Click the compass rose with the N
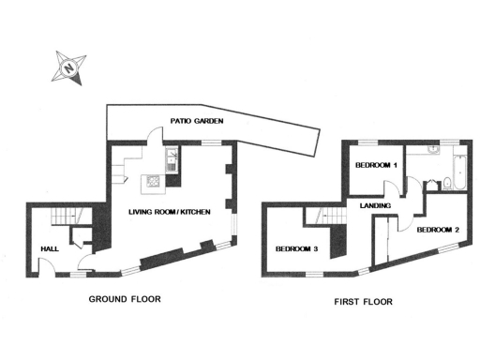67,67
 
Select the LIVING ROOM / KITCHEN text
170,213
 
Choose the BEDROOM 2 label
438,230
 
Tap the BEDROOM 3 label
296,248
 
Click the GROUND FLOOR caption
125,300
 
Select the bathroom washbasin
433,151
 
